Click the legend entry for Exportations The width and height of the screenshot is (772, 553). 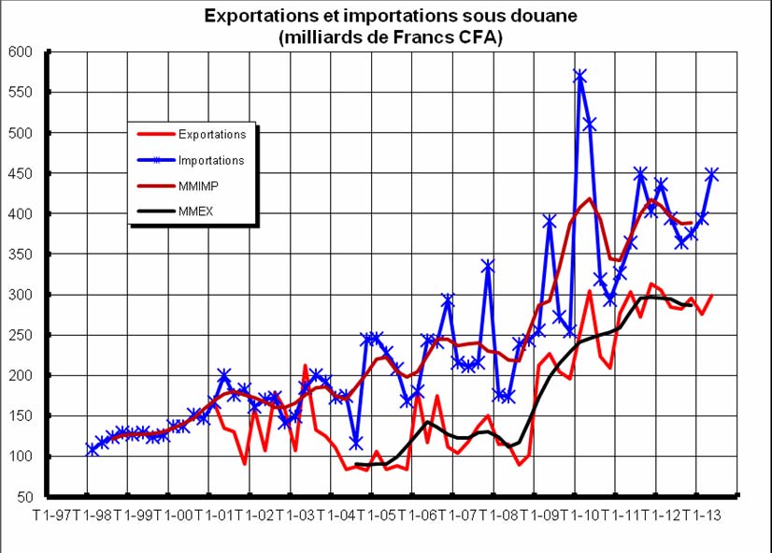(x=213, y=135)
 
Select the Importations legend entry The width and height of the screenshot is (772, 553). (x=212, y=161)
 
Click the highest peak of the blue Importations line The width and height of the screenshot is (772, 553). (x=580, y=76)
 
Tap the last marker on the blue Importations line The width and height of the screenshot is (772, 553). (x=712, y=174)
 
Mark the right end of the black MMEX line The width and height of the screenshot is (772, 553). (x=692, y=306)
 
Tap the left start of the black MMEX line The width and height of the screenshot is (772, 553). (x=356, y=464)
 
